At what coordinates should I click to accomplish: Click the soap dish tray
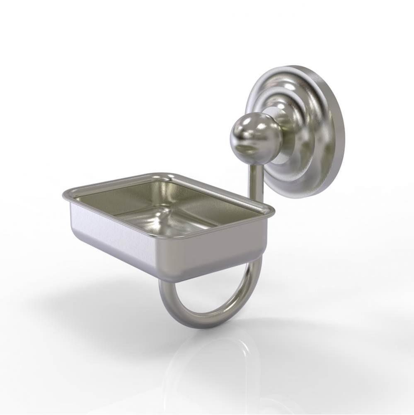pos(166,224)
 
